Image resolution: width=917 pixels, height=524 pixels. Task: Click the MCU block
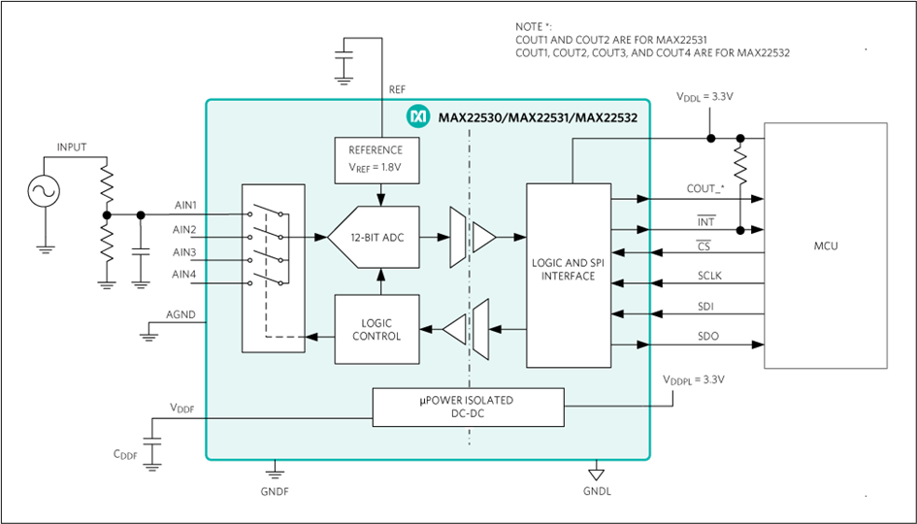(x=826, y=246)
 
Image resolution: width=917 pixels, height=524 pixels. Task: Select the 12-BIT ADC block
(x=374, y=236)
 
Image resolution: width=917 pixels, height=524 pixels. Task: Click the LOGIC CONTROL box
(x=377, y=329)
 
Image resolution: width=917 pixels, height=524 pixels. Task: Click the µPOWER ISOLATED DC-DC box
(x=468, y=407)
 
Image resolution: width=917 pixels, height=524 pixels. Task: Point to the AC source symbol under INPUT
(x=44, y=192)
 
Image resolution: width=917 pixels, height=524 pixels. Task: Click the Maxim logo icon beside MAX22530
(x=419, y=117)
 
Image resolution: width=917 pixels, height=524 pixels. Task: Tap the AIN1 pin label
(x=184, y=206)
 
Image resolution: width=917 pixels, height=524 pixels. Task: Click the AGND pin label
(x=181, y=314)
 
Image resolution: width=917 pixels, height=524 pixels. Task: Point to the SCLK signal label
(x=710, y=276)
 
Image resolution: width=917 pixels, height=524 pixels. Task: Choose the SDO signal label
(x=707, y=336)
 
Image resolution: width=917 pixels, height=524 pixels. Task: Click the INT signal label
(x=705, y=222)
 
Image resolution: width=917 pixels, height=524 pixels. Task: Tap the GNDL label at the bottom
(x=597, y=491)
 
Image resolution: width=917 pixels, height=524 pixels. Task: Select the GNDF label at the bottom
(x=275, y=491)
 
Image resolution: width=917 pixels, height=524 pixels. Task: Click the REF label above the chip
(x=397, y=88)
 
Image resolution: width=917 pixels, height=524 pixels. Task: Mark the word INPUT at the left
(x=71, y=147)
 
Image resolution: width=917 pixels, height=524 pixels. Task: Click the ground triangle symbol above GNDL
(x=597, y=475)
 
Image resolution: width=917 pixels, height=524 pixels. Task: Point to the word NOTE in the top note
(x=530, y=26)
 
